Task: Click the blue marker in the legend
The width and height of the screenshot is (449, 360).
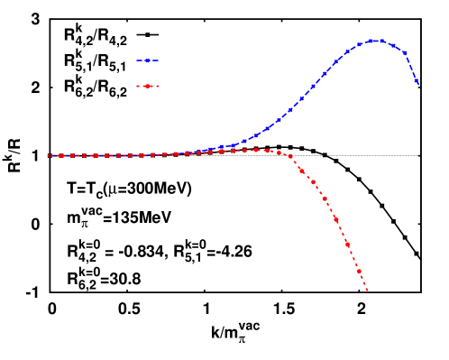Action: pyautogui.click(x=147, y=60)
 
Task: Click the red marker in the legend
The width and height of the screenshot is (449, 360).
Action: pyautogui.click(x=147, y=87)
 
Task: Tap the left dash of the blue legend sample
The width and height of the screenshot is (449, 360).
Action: pyautogui.click(x=140, y=60)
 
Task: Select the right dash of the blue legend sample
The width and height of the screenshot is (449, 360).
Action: pyautogui.click(x=155, y=60)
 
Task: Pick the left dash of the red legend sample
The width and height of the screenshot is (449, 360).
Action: pyautogui.click(x=139, y=87)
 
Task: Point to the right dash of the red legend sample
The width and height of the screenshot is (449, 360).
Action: pyautogui.click(x=155, y=87)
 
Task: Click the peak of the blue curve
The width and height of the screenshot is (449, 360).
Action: pyautogui.click(x=375, y=41)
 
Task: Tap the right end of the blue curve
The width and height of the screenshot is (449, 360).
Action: pyautogui.click(x=418, y=85)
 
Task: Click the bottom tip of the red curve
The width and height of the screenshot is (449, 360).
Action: pyautogui.click(x=368, y=291)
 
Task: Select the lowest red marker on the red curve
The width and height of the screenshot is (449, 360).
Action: pyautogui.click(x=359, y=271)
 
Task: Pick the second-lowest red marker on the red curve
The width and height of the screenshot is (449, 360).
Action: pyautogui.click(x=347, y=244)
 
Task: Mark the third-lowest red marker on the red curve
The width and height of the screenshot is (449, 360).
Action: pyautogui.click(x=335, y=218)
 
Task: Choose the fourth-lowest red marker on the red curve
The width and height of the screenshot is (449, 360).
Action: pyautogui.click(x=325, y=198)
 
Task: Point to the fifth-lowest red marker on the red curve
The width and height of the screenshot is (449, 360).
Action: pyautogui.click(x=314, y=182)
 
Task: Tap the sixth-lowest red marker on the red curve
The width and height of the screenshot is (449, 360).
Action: pyautogui.click(x=302, y=169)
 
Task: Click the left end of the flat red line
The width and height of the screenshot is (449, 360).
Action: pyautogui.click(x=49, y=156)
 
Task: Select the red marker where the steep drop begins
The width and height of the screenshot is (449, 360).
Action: pyautogui.click(x=290, y=156)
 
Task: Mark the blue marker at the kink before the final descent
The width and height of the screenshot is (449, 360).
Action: pyautogui.click(x=405, y=53)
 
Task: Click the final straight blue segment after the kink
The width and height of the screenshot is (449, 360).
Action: pyautogui.click(x=412, y=69)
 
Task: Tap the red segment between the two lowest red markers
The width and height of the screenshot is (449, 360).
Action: pyautogui.click(x=353, y=257)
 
